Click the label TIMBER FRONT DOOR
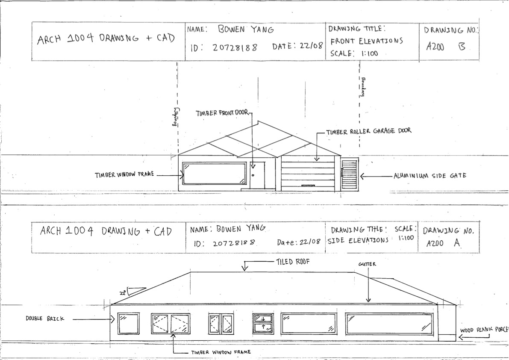222,113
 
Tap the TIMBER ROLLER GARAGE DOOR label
369,131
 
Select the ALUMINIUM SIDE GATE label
430,176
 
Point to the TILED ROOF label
293,262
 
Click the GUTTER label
367,264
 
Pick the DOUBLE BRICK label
45,319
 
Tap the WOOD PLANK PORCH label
484,330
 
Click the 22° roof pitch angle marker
132,291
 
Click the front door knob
253,175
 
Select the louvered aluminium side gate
349,174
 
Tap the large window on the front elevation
214,173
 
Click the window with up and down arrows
263,323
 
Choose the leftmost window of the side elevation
128,324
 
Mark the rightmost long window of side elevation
389,324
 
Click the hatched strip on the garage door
308,186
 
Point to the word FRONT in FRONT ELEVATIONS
343,41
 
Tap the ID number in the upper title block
235,48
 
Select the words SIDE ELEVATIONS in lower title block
358,241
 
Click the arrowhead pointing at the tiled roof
245,268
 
